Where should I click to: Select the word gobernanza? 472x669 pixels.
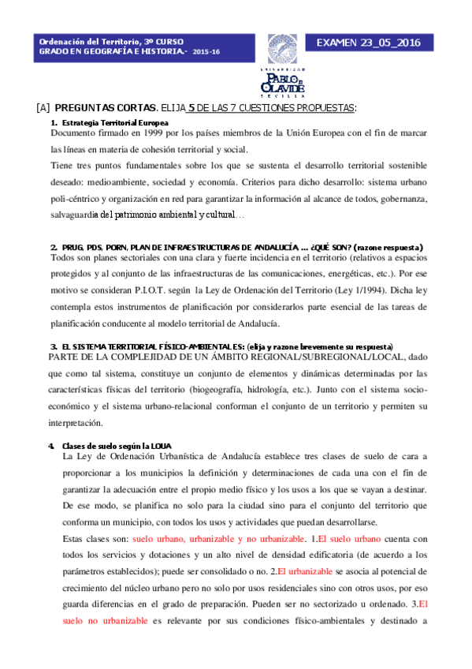403,198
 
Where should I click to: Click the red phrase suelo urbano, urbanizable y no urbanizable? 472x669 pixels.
217,539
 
